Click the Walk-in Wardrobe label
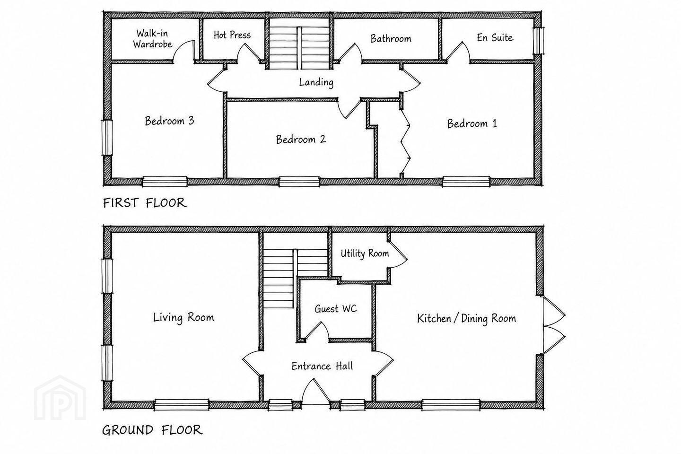(x=153, y=39)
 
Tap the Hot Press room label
(x=232, y=35)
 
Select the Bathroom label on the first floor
(x=391, y=39)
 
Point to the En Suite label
(x=495, y=37)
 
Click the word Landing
(x=316, y=82)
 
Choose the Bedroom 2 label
(x=301, y=139)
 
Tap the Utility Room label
(x=365, y=253)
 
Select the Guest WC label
(x=335, y=309)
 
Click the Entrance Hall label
(x=322, y=366)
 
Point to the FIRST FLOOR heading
(x=145, y=202)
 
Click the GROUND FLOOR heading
(x=152, y=430)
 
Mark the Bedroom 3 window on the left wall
(x=107, y=138)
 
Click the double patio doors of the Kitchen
(x=553, y=325)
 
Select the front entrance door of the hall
(x=316, y=392)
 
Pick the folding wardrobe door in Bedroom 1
(x=405, y=142)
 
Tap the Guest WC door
(x=316, y=330)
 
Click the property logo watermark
(x=60, y=398)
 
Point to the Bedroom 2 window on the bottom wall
(x=299, y=182)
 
